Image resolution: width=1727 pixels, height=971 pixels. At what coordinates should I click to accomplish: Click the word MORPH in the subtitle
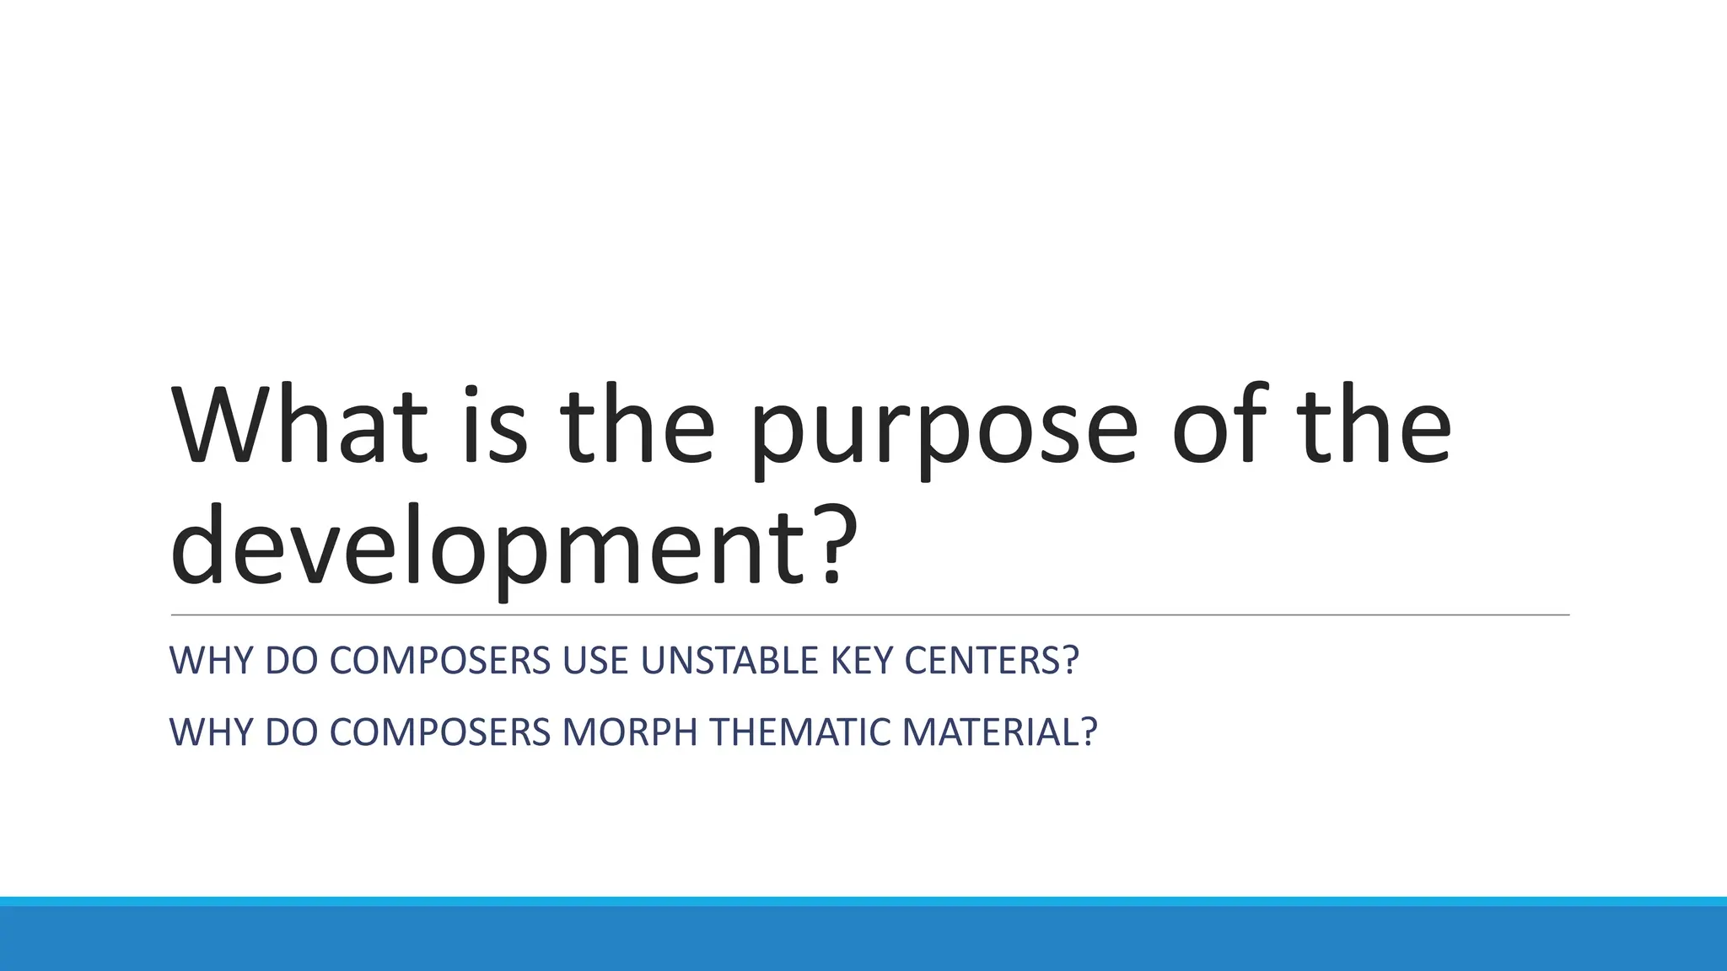point(630,732)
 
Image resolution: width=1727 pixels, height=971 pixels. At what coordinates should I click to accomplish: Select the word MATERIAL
point(991,732)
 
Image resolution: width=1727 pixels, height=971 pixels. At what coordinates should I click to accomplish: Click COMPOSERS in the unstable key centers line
point(439,661)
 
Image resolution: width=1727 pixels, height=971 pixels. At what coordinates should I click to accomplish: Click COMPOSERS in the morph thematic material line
point(439,732)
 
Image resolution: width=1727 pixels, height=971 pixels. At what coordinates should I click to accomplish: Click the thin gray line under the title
point(869,615)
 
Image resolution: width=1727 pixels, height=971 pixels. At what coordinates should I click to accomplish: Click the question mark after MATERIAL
point(1089,732)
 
